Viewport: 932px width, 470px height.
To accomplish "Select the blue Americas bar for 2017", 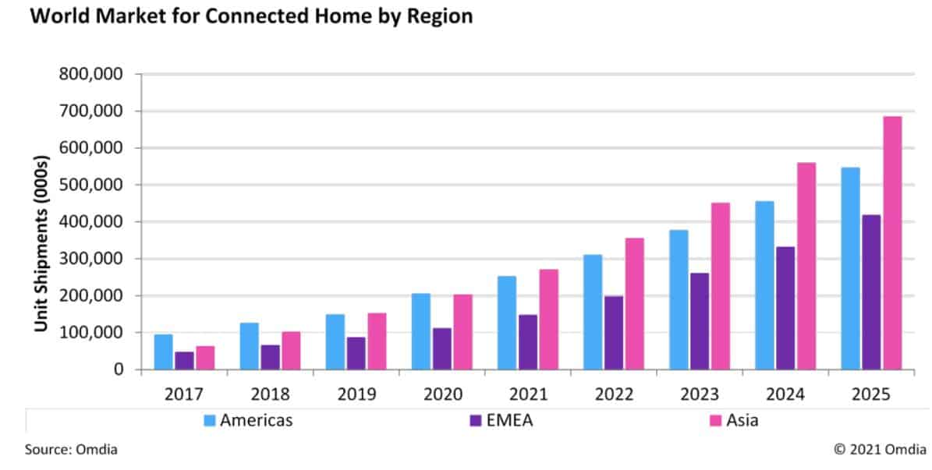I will [164, 352].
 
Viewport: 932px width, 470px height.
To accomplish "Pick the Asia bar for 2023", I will [720, 285].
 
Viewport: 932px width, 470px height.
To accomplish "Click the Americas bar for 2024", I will [764, 284].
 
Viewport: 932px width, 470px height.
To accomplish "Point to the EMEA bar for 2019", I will [356, 353].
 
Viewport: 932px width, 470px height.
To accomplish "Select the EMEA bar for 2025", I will [871, 292].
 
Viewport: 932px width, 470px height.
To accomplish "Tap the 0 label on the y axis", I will [119, 369].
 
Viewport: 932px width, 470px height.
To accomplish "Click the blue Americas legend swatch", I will [209, 421].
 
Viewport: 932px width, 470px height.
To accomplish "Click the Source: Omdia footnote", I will [71, 450].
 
